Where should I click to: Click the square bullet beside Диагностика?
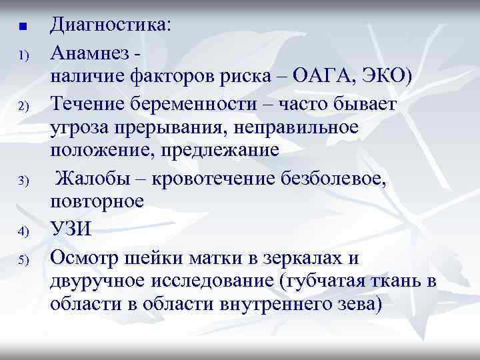[x=22, y=27]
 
